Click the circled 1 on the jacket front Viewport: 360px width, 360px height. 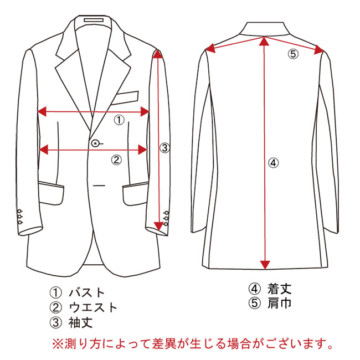tap(119, 120)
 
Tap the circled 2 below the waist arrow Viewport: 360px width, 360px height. tap(116, 160)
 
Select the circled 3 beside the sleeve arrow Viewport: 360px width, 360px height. tap(164, 148)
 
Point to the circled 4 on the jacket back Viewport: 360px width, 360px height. tap(273, 163)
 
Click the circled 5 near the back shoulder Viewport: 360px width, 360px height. tap(293, 54)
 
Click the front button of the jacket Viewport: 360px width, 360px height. tap(95, 143)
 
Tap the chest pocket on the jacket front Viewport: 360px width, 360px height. tap(125, 98)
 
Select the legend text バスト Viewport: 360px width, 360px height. tap(87, 293)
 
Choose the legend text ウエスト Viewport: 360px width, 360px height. tap(93, 307)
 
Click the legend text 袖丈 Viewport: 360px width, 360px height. tap(80, 322)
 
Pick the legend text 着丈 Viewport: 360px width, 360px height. tap(279, 289)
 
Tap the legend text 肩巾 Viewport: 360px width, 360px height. tap(279, 303)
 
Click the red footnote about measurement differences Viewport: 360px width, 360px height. tap(193, 343)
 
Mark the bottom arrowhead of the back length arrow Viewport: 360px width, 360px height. tap(265, 265)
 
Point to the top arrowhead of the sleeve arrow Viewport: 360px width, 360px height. tap(157, 54)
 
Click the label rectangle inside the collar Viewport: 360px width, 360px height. tap(94, 20)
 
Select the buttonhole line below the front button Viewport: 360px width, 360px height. tap(99, 186)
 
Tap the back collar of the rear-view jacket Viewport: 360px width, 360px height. tap(264, 29)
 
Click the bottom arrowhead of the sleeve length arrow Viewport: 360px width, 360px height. tap(158, 226)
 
